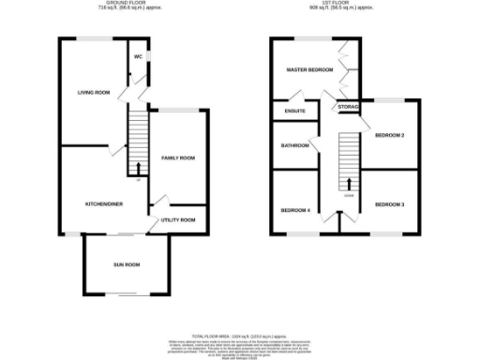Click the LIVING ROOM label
click(94, 92)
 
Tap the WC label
click(138, 56)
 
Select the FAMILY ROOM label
click(178, 158)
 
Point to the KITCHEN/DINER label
click(104, 203)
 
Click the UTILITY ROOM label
click(178, 219)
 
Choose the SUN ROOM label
click(127, 265)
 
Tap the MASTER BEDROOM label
click(309, 70)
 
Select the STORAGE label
click(349, 108)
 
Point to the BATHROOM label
click(294, 145)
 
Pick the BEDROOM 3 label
click(389, 204)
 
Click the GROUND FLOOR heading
click(126, 4)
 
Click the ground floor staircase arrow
click(139, 168)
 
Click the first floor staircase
click(349, 159)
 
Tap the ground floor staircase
click(139, 141)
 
